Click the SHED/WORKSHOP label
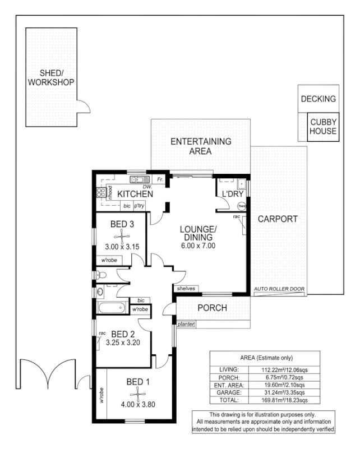click(51, 77)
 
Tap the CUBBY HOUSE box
click(323, 127)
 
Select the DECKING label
click(318, 99)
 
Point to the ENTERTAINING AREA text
click(200, 146)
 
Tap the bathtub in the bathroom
click(112, 308)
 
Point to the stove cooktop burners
click(102, 193)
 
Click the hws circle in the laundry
click(241, 205)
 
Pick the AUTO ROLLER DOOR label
click(279, 289)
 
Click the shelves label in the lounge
click(186, 288)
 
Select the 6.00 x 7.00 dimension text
click(197, 246)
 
